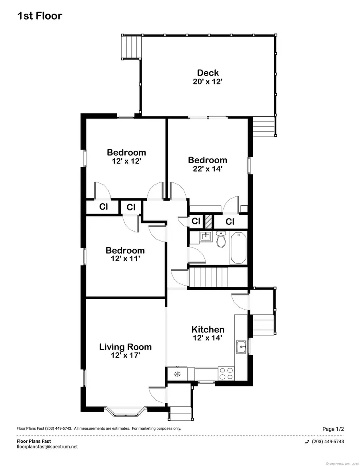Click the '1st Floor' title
[40, 16]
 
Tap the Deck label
[208, 73]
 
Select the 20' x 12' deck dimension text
[208, 82]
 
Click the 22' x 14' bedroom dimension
[208, 169]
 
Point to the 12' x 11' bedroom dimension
[125, 259]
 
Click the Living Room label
[125, 347]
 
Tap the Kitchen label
[208, 330]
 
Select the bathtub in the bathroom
[239, 248]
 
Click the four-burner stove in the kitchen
[226, 374]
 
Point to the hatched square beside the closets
[208, 221]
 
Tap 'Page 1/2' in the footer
[333, 429]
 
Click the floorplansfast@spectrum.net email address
[47, 447]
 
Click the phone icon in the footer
[307, 442]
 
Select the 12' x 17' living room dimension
[125, 355]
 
